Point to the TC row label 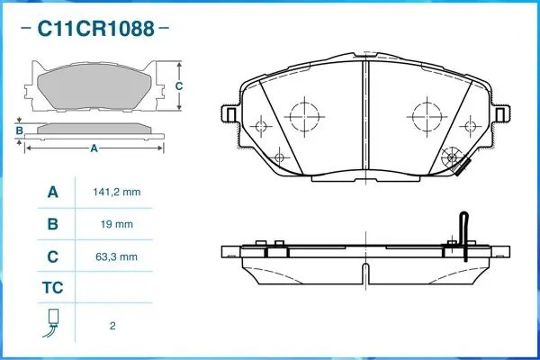(53, 289)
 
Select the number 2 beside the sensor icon (112, 325)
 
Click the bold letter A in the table (53, 192)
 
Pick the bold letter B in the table (53, 224)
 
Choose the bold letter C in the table (53, 256)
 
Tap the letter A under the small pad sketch (94, 149)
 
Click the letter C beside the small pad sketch (178, 85)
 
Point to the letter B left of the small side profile (19, 131)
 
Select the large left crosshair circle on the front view (303, 116)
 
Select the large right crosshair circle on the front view (426, 116)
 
